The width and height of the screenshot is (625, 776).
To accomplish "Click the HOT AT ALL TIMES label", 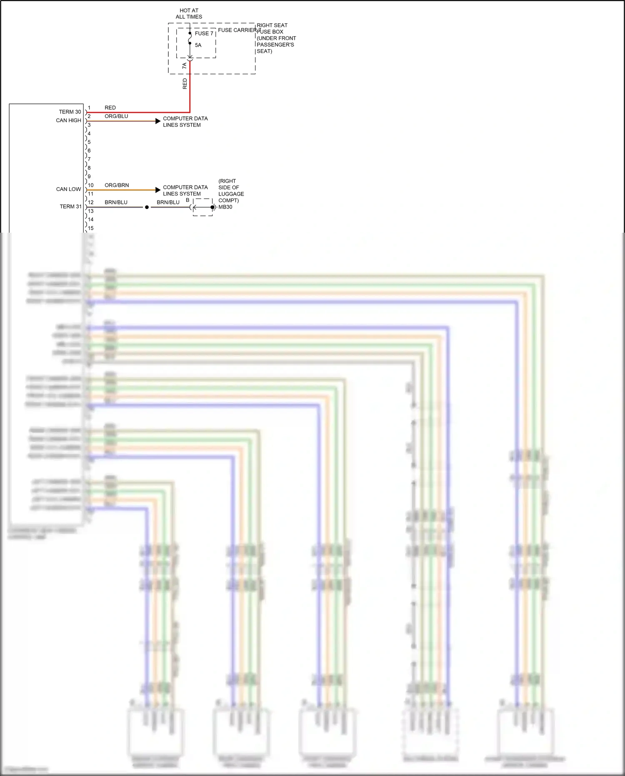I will point(189,14).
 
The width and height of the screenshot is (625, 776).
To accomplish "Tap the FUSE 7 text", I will point(204,33).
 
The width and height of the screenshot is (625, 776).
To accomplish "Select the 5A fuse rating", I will point(198,45).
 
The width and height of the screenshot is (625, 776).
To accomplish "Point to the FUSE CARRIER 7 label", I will point(238,30).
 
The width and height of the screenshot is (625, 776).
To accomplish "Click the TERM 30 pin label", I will point(70,112).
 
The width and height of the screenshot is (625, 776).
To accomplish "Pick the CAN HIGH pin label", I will point(68,121).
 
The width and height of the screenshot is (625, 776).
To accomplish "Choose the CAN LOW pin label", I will point(68,189).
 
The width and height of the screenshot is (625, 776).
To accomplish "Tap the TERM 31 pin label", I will point(70,206).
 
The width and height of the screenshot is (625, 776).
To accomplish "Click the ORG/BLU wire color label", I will point(116,116).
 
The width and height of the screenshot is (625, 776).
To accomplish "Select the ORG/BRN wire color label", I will point(117,185).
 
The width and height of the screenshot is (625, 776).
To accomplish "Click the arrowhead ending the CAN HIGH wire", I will point(158,121).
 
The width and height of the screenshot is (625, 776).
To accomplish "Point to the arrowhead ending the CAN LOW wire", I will point(158,190).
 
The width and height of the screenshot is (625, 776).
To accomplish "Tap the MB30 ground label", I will point(225,207).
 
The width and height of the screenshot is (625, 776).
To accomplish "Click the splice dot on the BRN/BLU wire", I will point(147,207).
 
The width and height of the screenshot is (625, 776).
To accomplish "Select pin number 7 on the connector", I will point(89,159).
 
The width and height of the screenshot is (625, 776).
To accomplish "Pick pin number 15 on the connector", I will point(91,228).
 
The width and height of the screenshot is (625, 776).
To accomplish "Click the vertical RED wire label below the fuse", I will point(185,84).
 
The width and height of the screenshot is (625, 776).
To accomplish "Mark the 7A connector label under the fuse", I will point(185,66).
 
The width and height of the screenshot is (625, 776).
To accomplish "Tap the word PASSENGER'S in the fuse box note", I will point(275,45).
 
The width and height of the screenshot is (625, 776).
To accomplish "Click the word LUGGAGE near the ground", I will point(231,194).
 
